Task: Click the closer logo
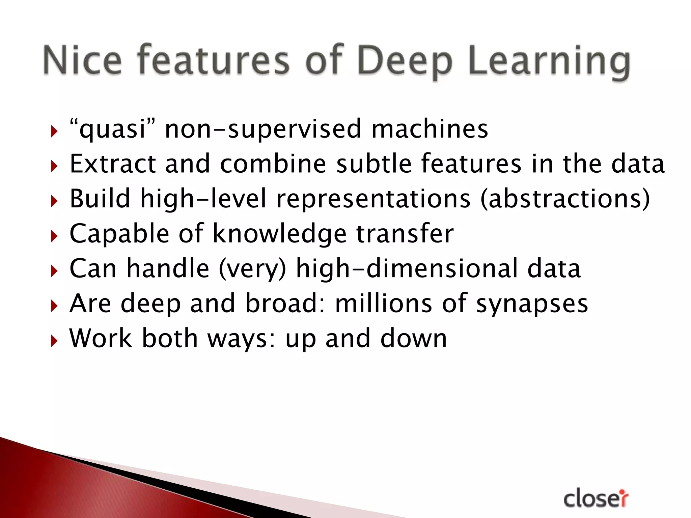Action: [x=596, y=498]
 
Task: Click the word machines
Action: [x=430, y=129]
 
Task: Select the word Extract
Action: [x=113, y=164]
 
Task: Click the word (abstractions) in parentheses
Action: [x=565, y=199]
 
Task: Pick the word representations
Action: [x=373, y=199]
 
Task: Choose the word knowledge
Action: [x=280, y=234]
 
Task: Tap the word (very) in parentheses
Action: [x=252, y=269]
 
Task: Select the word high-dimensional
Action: [x=407, y=269]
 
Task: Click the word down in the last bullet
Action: [x=414, y=338]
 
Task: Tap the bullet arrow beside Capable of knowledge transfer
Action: [x=54, y=236]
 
